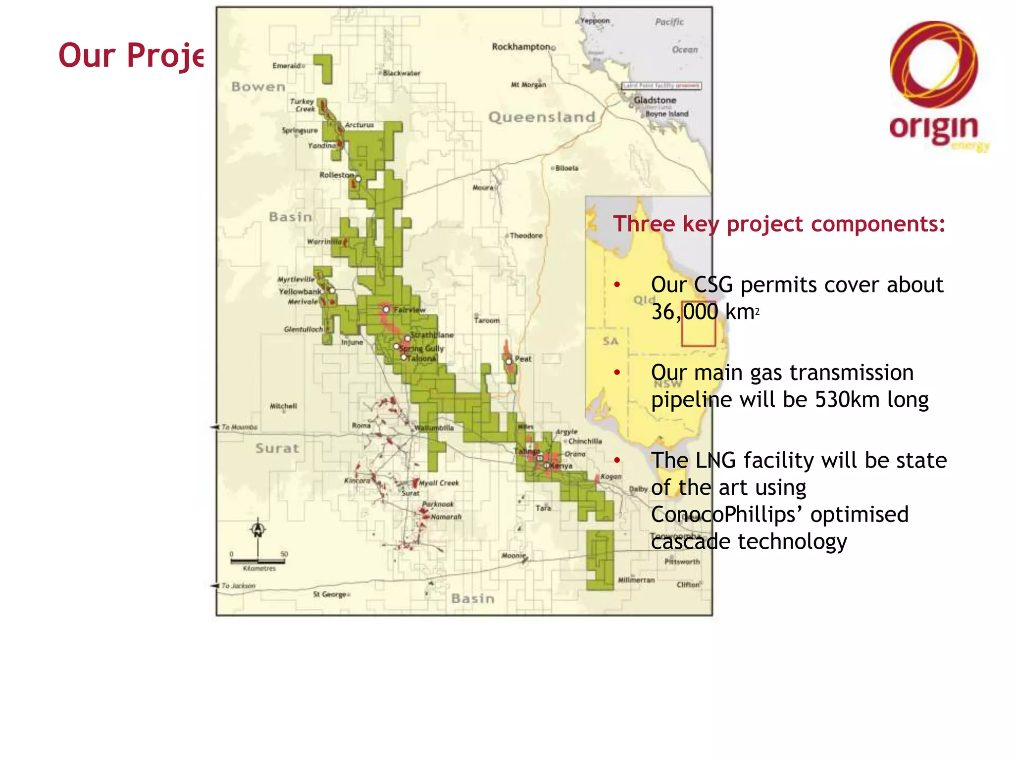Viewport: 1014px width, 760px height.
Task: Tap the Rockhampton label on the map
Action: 521,47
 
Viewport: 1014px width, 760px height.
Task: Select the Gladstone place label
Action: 655,100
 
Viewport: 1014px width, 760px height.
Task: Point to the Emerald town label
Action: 287,66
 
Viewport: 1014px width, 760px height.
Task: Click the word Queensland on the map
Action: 542,117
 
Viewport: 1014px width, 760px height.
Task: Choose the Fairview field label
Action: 409,310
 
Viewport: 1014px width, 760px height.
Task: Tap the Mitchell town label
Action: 283,406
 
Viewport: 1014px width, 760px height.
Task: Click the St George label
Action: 330,594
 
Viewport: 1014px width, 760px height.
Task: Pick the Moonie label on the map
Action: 513,556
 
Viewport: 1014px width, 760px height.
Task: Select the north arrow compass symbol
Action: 257,529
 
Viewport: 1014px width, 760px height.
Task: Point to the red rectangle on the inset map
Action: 698,324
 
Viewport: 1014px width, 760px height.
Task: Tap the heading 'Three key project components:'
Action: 779,224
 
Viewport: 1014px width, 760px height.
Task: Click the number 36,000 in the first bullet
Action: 684,312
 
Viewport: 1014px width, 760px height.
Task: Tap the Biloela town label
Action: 566,168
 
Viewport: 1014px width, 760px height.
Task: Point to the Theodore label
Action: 526,236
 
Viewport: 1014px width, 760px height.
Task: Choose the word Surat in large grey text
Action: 277,448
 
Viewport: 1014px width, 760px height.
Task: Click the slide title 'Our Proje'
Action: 131,55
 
